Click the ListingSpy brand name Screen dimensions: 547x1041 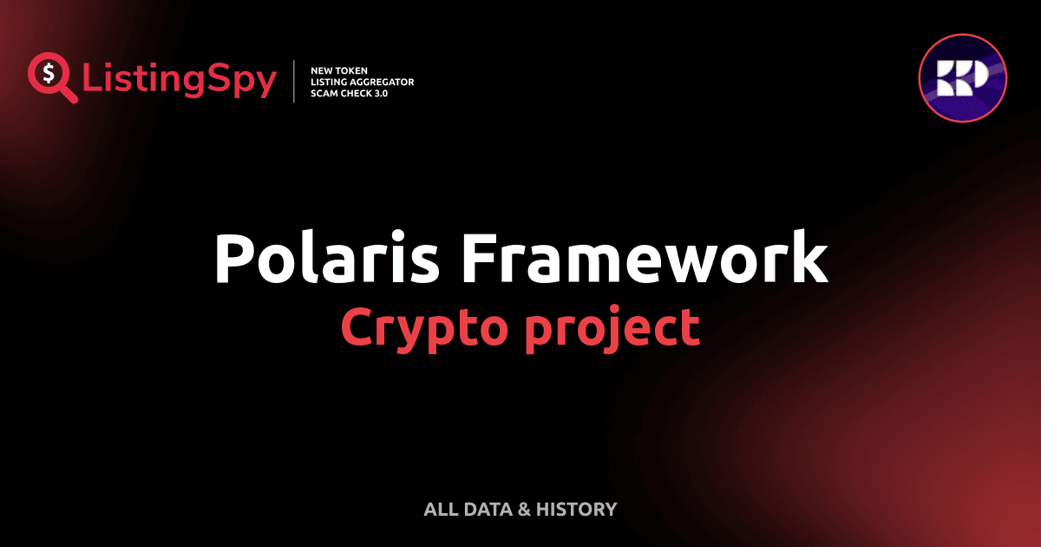[180, 81]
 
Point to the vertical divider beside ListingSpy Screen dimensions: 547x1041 [295, 82]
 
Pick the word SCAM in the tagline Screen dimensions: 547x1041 [324, 93]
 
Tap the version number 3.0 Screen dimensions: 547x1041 [379, 93]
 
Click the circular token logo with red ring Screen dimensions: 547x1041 [963, 78]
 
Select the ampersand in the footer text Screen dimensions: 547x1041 [523, 510]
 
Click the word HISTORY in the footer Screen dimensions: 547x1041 [576, 510]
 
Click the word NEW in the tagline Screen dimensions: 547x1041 [321, 69]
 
